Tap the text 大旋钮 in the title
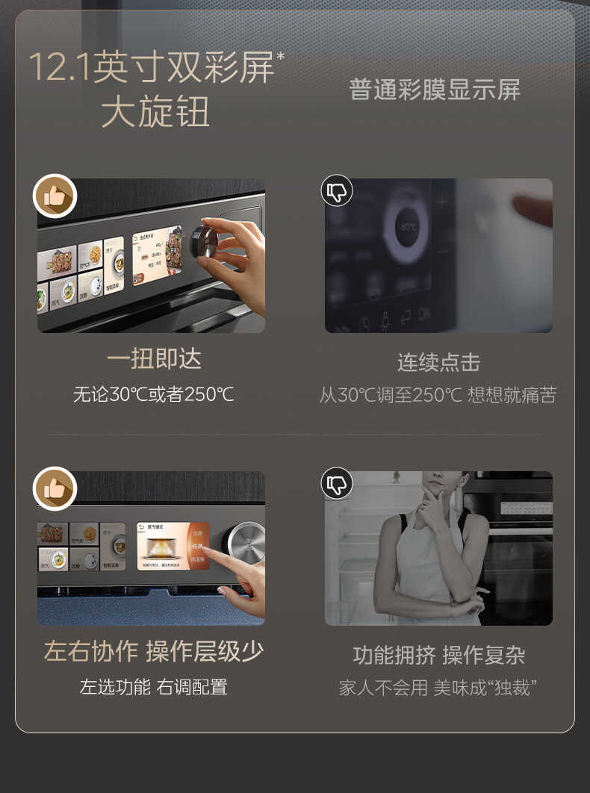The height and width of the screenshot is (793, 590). [x=155, y=112]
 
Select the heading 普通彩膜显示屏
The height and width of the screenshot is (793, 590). [x=435, y=90]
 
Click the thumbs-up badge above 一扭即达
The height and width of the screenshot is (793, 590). [x=55, y=196]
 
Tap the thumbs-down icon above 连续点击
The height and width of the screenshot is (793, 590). [x=337, y=191]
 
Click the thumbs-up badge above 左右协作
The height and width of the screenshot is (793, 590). [x=55, y=488]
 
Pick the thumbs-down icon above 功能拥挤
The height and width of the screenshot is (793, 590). [x=337, y=483]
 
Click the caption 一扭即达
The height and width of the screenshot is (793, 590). [x=154, y=359]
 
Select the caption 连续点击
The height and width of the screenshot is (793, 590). [x=438, y=363]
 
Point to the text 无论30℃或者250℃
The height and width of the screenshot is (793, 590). [x=154, y=394]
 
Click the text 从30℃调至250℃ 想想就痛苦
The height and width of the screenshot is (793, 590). [x=438, y=395]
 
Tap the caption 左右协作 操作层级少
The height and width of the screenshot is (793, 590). [x=154, y=651]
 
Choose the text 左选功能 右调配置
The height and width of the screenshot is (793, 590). [x=154, y=687]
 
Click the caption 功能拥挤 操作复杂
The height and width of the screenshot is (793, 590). [x=438, y=656]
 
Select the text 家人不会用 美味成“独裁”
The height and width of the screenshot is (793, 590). [x=438, y=688]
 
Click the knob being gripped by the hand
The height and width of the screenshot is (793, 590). [x=204, y=241]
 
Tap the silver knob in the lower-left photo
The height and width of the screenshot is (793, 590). [x=243, y=543]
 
